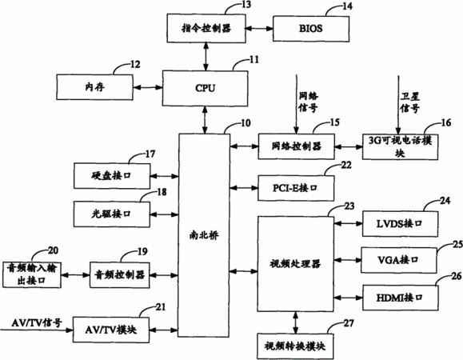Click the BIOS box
[311, 29]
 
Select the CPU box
[205, 88]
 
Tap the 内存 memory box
[94, 87]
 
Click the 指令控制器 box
[206, 28]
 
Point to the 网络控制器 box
[297, 146]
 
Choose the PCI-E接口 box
[296, 188]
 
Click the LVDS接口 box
[400, 223]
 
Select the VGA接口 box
[399, 260]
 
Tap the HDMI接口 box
[400, 298]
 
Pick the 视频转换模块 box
[295, 346]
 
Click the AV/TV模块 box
[111, 330]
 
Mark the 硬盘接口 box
[112, 176]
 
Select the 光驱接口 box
[112, 214]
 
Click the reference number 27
[349, 323]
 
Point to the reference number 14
[347, 6]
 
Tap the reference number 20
[53, 250]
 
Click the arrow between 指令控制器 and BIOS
[259, 29]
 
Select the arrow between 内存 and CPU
[148, 87]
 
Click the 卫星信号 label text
[410, 102]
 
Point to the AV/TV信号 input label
[37, 322]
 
